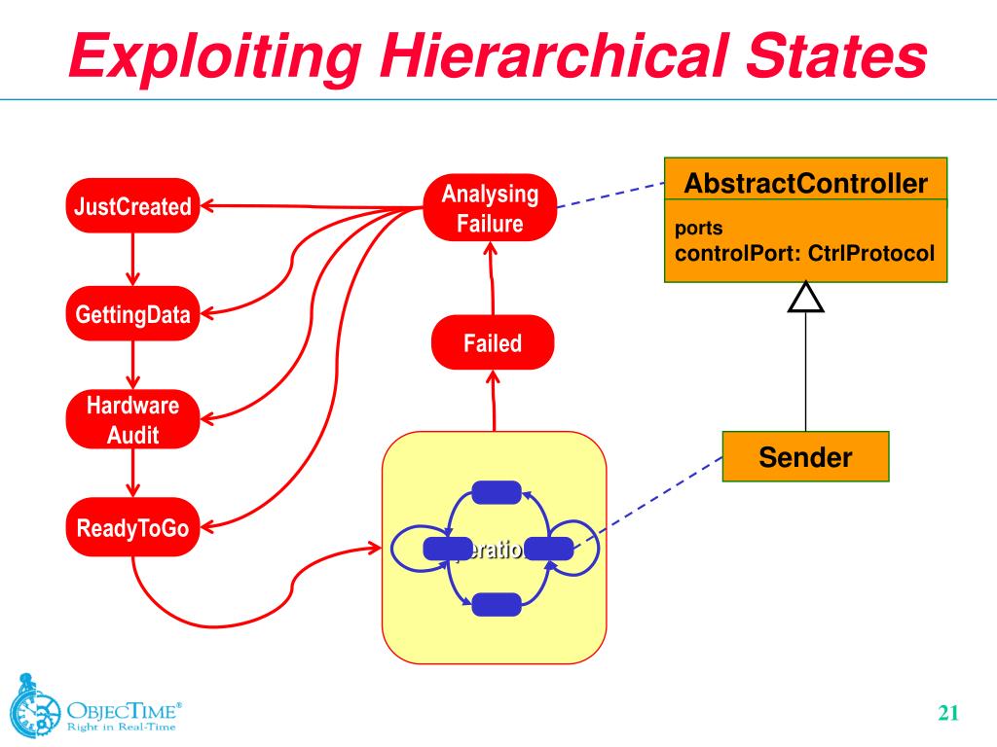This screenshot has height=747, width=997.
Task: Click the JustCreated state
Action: pyautogui.click(x=132, y=206)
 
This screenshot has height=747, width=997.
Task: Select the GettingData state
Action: pyautogui.click(x=132, y=313)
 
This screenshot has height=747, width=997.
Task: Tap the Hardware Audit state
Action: pyautogui.click(x=132, y=419)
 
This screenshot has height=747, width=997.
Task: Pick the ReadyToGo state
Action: pyautogui.click(x=132, y=529)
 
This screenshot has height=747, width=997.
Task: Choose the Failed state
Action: pyautogui.click(x=492, y=342)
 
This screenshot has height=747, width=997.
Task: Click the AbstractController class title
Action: pyautogui.click(x=805, y=183)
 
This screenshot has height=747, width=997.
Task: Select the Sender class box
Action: pyautogui.click(x=805, y=457)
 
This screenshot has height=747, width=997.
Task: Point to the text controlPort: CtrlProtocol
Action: pyautogui.click(x=804, y=255)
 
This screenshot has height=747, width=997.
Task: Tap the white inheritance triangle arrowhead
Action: pyautogui.click(x=805, y=297)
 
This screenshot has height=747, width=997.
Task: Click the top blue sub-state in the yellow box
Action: pyautogui.click(x=496, y=492)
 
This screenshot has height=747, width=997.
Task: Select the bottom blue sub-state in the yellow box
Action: pyautogui.click(x=496, y=605)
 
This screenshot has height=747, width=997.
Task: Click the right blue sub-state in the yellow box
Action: pyautogui.click(x=549, y=550)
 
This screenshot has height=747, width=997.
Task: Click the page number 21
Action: pyautogui.click(x=948, y=713)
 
